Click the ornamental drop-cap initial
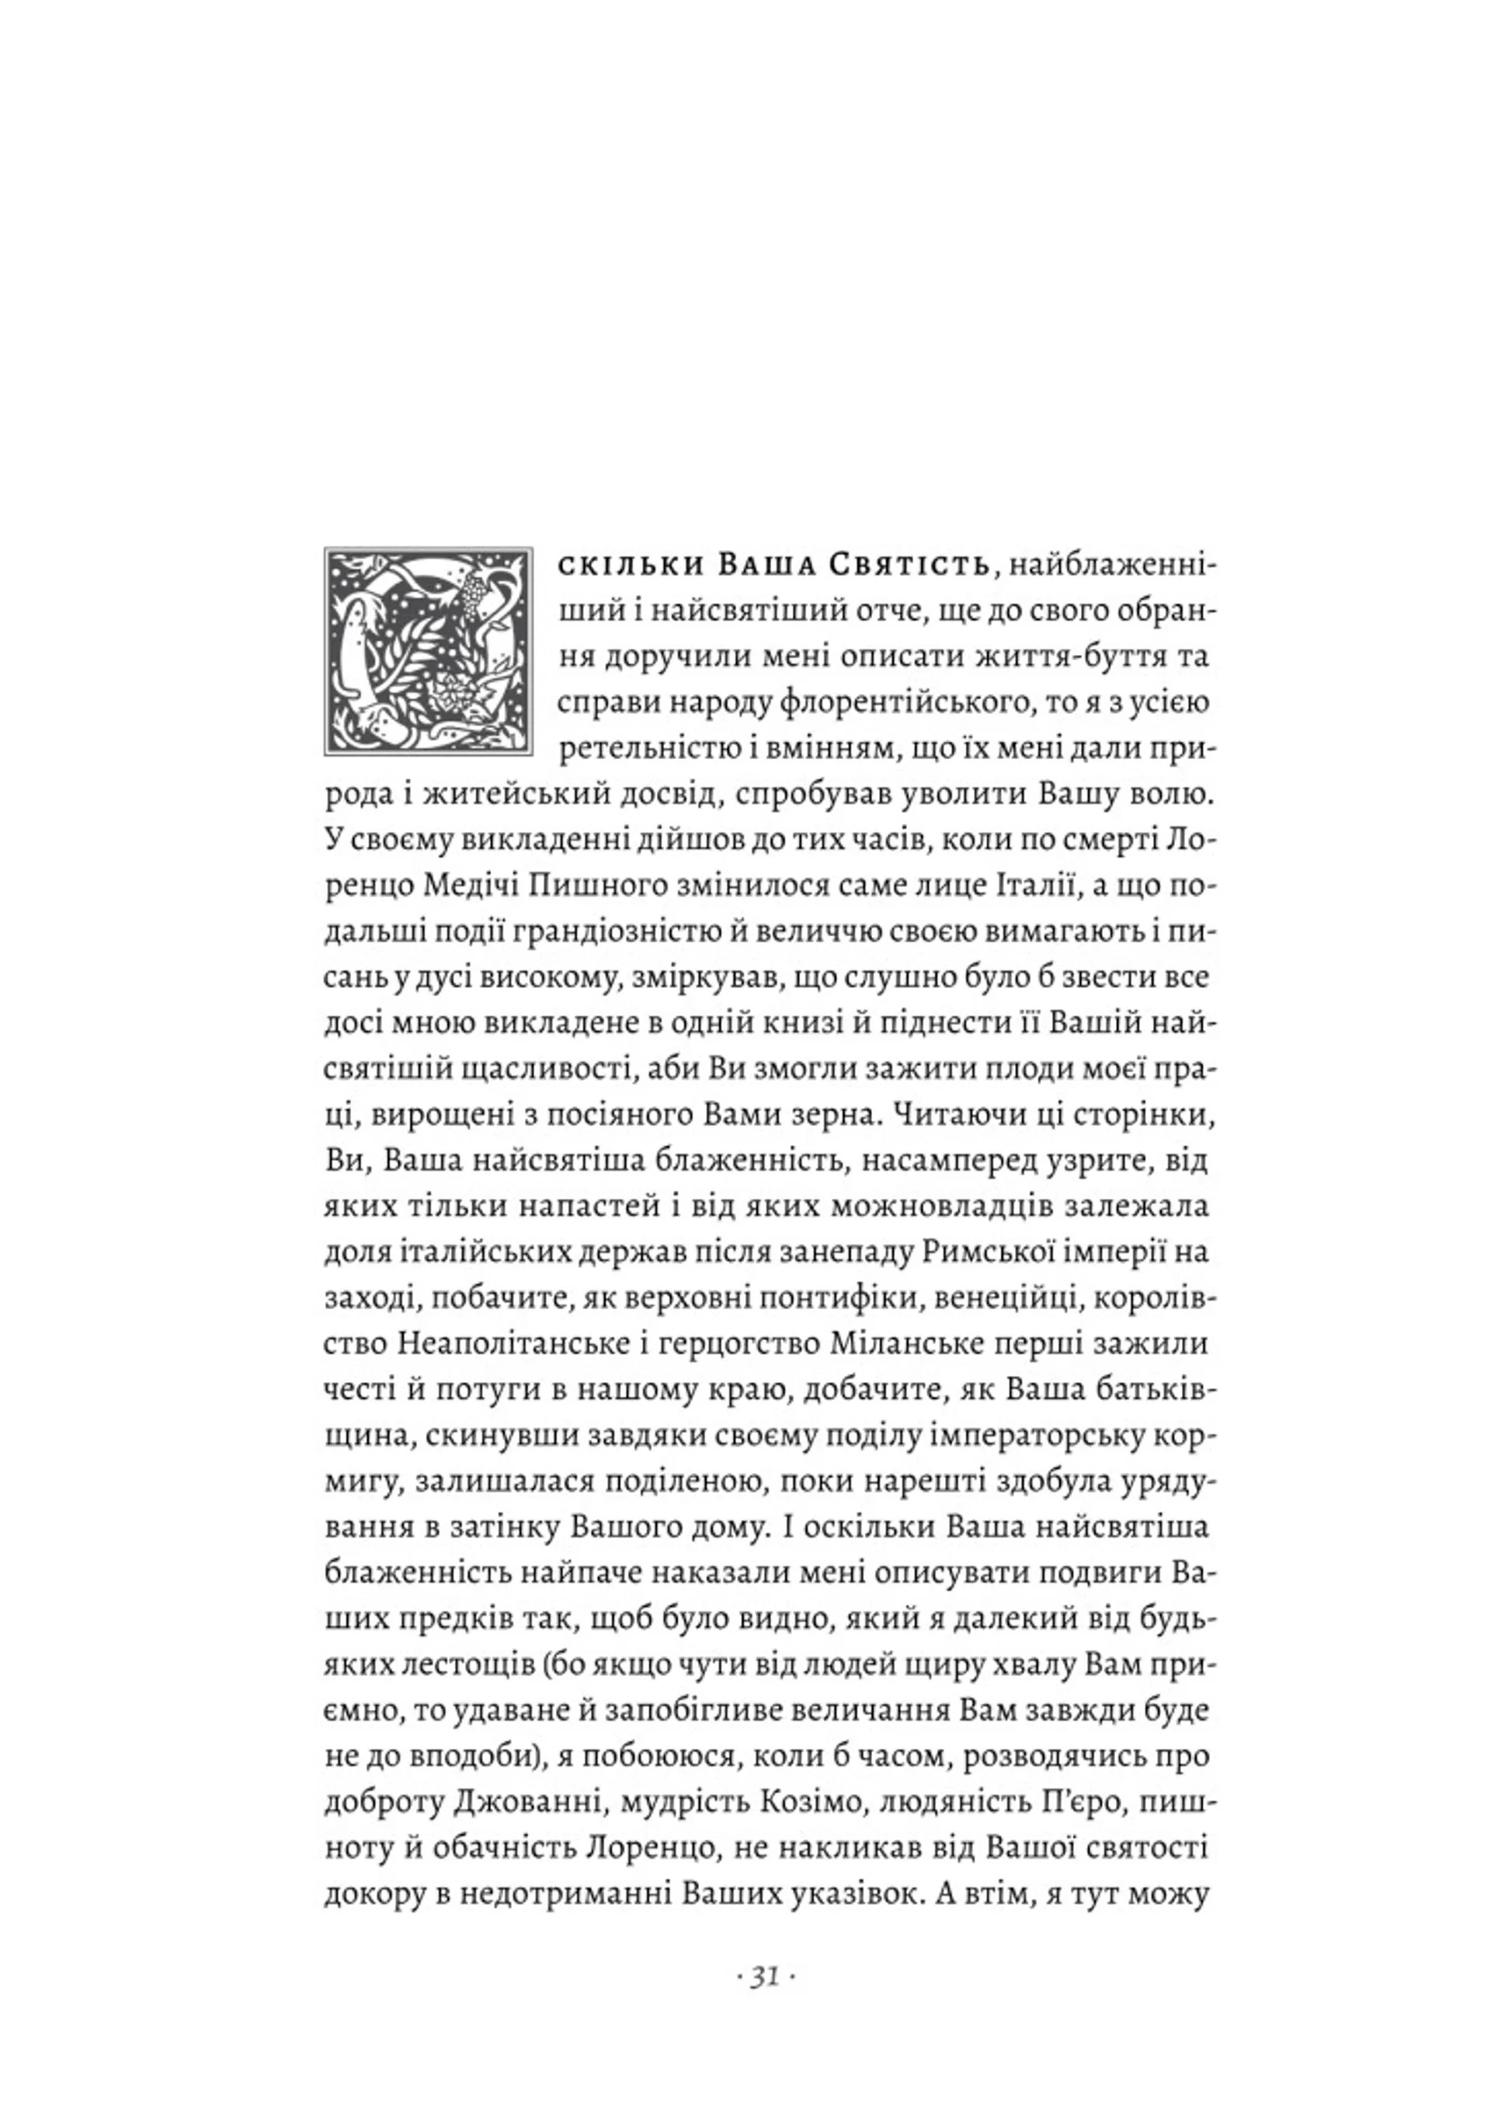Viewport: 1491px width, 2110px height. click(428, 652)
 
